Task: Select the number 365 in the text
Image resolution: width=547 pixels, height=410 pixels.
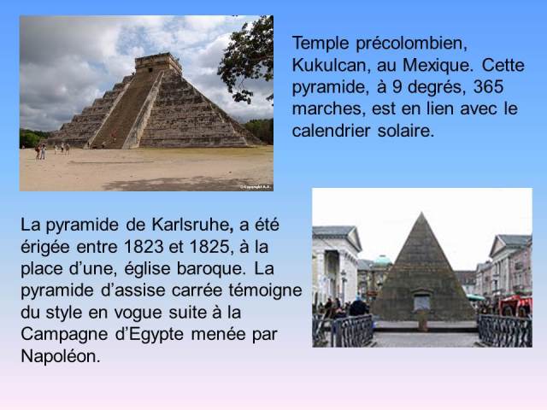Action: [488, 86]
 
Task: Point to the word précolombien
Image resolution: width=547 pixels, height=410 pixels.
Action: [412, 44]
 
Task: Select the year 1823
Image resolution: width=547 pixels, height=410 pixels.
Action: [144, 247]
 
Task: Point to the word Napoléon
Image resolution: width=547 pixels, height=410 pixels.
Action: [61, 356]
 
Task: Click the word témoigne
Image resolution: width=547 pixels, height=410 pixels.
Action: [265, 290]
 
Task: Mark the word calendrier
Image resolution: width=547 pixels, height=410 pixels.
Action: [331, 131]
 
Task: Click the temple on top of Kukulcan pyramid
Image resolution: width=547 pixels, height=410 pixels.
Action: [158, 62]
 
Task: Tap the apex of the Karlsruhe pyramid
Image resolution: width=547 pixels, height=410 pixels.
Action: [421, 213]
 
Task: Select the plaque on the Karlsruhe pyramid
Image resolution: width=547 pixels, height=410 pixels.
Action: [421, 302]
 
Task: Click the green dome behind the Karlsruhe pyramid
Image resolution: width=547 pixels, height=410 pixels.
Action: [382, 261]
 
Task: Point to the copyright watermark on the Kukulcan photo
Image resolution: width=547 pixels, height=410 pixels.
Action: [256, 187]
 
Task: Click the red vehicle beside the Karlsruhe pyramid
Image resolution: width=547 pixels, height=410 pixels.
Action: [515, 306]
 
